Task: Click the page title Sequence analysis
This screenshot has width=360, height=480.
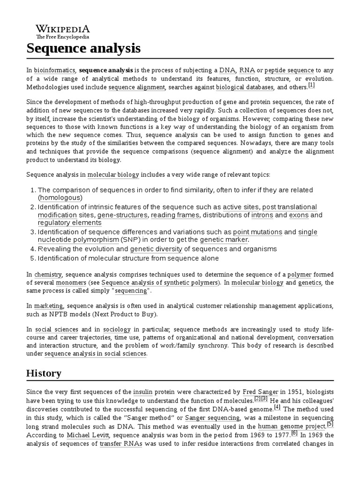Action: [83, 48]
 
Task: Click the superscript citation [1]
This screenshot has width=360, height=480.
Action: [312, 85]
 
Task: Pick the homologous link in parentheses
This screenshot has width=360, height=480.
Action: [60, 198]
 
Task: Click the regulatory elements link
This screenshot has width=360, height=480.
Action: [69, 223]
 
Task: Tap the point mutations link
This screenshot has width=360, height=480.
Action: [257, 232]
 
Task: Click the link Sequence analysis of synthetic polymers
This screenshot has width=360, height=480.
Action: [160, 283]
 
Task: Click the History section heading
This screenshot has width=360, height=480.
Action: [44, 373]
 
